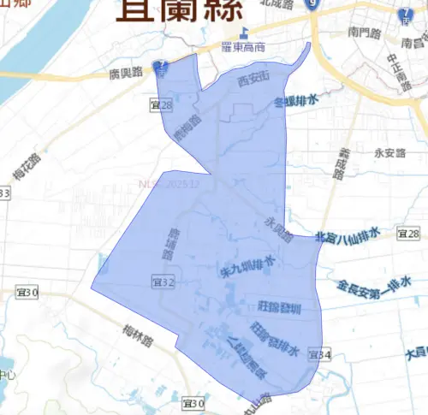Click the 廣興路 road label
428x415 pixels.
(125, 73)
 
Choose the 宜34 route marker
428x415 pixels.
(319, 353)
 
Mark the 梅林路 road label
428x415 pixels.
(137, 329)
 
